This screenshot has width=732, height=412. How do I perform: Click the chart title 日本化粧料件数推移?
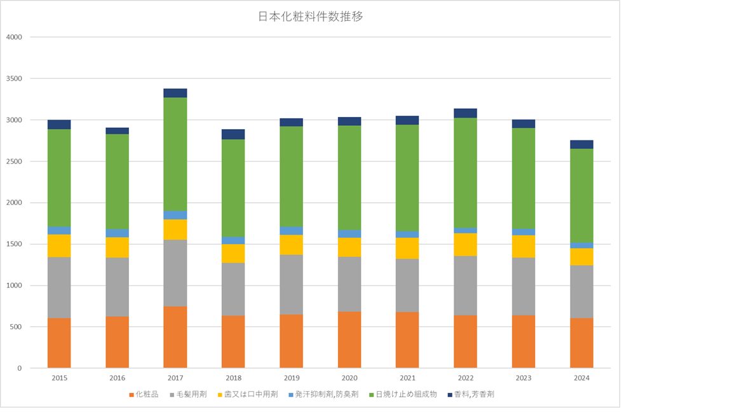point(310,17)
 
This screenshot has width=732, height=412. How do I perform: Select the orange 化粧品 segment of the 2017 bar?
point(175,337)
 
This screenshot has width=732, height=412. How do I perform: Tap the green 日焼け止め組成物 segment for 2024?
point(581,195)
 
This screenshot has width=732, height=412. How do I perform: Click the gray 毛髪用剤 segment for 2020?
point(349,284)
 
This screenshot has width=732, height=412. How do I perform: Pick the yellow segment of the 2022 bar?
point(466,244)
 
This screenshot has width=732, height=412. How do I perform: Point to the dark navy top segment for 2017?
point(175,93)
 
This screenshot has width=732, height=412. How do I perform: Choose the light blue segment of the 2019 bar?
point(291,231)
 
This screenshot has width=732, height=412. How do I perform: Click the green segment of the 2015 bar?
point(59,178)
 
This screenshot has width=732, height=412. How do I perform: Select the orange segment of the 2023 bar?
point(524,341)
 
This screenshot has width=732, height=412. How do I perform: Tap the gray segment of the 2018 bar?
point(233,289)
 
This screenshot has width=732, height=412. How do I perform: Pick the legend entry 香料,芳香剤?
point(470,394)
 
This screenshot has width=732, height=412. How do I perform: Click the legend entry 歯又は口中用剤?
point(247,394)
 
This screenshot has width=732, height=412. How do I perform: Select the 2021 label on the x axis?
point(407,378)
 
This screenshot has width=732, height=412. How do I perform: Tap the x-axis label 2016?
point(117,378)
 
